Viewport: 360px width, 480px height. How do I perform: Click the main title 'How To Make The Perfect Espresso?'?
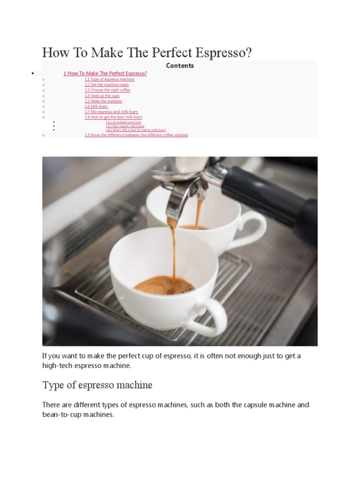pos(147,52)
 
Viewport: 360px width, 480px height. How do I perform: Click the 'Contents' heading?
pos(180,66)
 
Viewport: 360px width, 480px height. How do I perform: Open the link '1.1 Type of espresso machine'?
pos(109,79)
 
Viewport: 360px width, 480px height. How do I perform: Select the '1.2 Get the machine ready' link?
pos(106,84)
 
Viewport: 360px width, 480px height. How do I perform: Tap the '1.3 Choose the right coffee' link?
pos(107,90)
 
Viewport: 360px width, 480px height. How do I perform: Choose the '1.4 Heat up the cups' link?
pos(102,96)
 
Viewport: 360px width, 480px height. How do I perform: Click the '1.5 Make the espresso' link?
pos(103,101)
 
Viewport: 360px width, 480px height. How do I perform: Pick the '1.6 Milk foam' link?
pos(97,106)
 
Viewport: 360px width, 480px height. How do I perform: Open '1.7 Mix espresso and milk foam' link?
pos(111,112)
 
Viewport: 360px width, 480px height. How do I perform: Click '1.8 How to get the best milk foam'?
pos(113,117)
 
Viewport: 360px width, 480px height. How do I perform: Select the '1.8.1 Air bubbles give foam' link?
pos(123,122)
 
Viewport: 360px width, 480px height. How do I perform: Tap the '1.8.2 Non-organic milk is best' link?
pos(125,126)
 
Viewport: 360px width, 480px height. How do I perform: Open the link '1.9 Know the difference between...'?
pos(136,135)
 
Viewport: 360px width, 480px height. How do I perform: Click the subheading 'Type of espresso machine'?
pos(97,385)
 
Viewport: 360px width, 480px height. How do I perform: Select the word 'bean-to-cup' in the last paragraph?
pos(61,415)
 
